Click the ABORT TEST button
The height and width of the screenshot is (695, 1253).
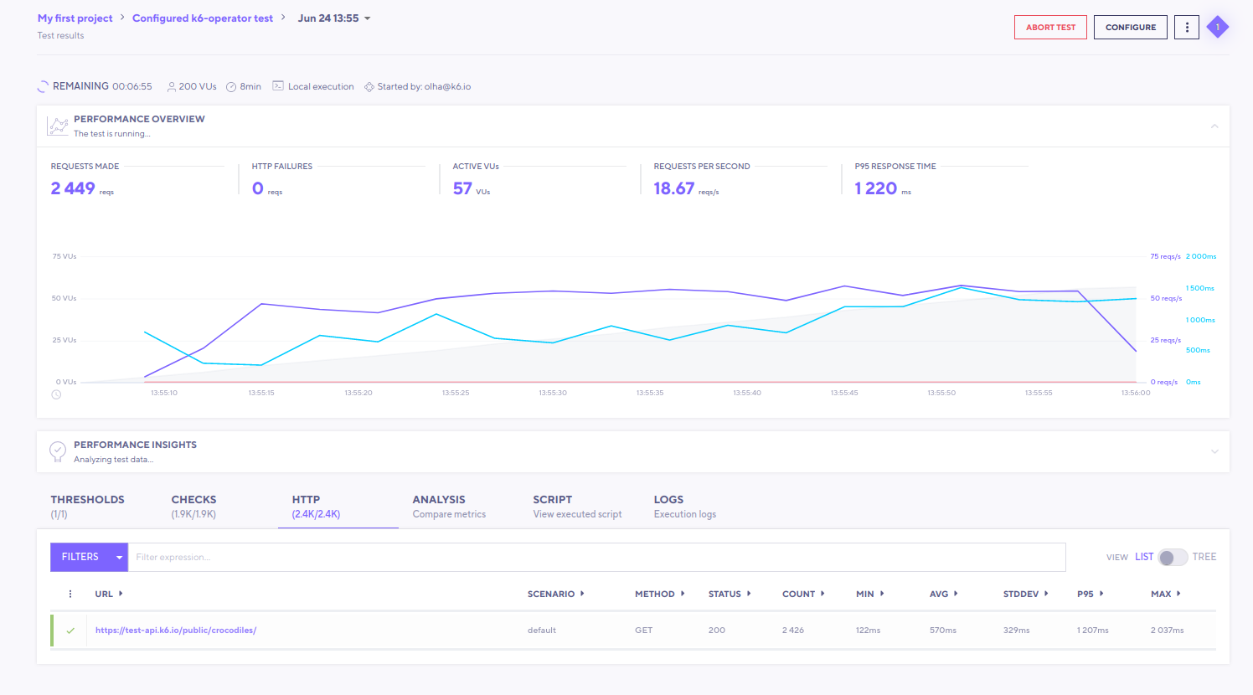1050,28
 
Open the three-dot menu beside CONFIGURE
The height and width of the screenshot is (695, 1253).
1186,28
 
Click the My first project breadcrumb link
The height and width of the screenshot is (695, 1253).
75,18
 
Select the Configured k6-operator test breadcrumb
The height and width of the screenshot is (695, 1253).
203,18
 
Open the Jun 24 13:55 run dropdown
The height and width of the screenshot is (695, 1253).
334,18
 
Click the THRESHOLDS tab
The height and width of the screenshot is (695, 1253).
87,506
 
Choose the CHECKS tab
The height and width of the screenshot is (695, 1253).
193,506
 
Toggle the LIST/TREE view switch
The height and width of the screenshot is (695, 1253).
1173,557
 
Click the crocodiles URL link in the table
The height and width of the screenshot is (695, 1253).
176,631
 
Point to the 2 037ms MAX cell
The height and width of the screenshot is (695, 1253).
1167,631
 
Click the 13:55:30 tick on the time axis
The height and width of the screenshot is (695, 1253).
553,393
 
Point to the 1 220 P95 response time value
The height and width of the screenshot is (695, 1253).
876,189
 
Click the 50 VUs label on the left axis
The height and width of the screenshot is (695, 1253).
64,298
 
